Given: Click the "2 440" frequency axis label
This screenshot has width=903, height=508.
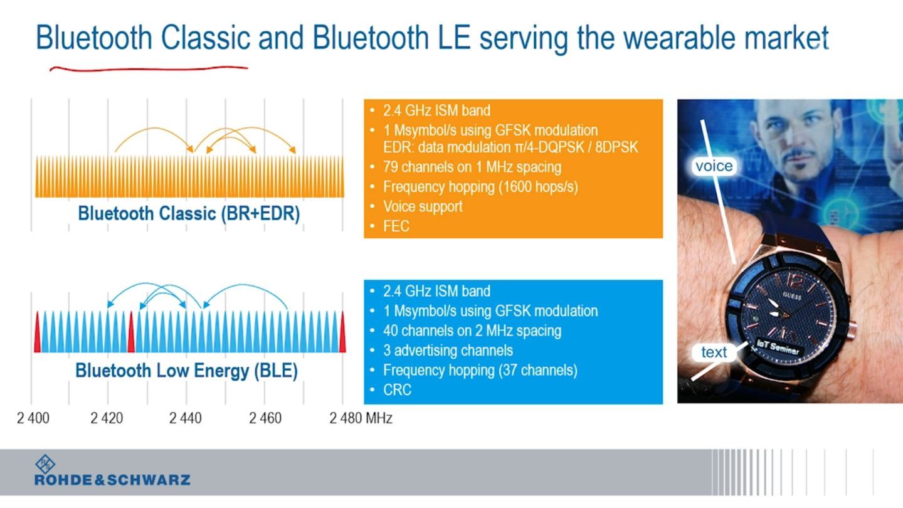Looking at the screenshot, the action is (186, 418).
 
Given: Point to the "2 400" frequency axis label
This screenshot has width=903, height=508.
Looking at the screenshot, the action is (33, 418).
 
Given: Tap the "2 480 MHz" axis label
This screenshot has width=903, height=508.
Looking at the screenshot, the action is (361, 418).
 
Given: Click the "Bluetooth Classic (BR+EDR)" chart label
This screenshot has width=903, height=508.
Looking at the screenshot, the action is (189, 213).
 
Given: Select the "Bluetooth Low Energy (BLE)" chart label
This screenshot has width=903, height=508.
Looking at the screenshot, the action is (187, 371).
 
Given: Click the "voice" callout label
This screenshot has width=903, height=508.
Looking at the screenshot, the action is (714, 166).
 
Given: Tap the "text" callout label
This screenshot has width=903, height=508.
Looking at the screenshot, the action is (714, 352).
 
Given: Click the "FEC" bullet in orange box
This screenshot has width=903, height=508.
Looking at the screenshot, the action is (396, 226).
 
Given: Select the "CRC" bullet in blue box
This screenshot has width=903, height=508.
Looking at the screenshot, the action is (397, 390).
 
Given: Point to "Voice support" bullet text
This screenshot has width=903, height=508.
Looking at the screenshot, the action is (423, 206).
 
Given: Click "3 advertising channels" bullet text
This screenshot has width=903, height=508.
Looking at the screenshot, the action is (448, 351).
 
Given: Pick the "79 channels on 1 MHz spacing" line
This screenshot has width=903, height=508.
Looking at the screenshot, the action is (472, 167).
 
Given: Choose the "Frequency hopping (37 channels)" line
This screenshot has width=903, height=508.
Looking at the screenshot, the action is (480, 370).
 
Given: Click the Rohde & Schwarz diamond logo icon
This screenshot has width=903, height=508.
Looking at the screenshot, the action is (45, 464).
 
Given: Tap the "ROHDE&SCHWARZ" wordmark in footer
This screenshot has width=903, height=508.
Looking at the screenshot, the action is (112, 480).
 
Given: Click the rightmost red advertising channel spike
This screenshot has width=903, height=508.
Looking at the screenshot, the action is (342, 332).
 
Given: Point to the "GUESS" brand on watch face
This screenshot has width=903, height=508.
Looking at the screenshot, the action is (792, 296).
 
